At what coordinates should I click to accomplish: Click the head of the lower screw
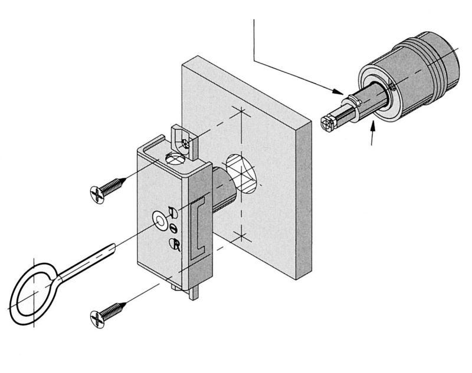coord(99,318)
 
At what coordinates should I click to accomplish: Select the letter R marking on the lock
coord(175,245)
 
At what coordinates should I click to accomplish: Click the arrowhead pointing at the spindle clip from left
coord(340,93)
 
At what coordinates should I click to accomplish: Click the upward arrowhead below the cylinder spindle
coord(372,124)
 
